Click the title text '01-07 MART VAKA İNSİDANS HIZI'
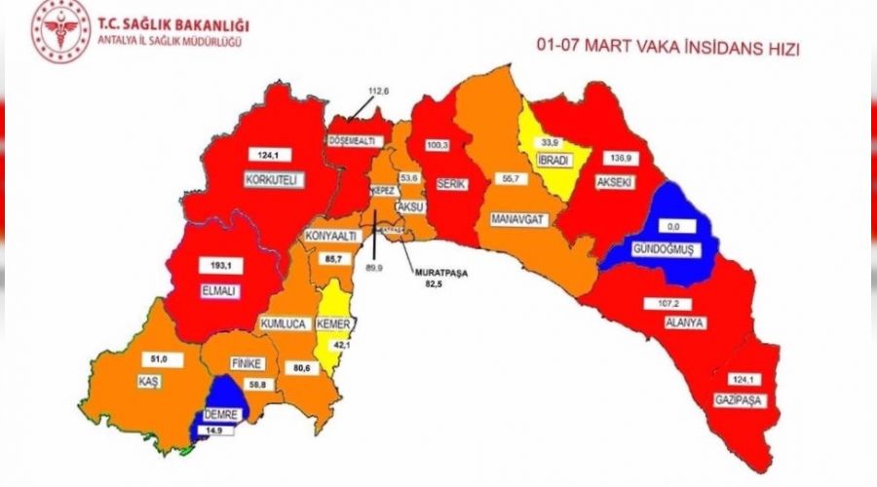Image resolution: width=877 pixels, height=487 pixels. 667,47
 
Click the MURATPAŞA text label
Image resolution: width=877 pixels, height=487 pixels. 438,274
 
